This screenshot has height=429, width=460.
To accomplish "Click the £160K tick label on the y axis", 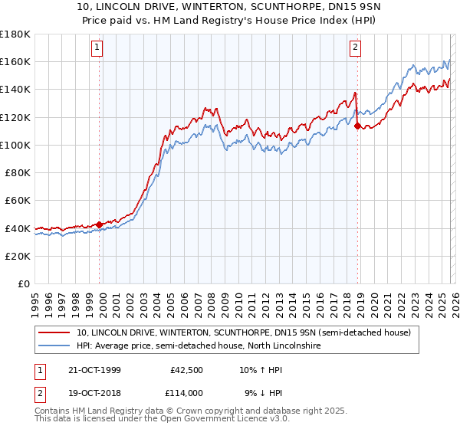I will point(15,61).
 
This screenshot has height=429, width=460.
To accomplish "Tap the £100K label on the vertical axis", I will point(15,145).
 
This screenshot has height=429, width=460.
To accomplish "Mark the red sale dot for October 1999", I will point(100,224).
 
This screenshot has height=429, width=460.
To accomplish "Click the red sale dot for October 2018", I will point(357,126).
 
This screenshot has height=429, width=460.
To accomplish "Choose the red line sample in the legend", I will point(54,332).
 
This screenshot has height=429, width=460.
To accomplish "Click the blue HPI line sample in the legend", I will point(54,346).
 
